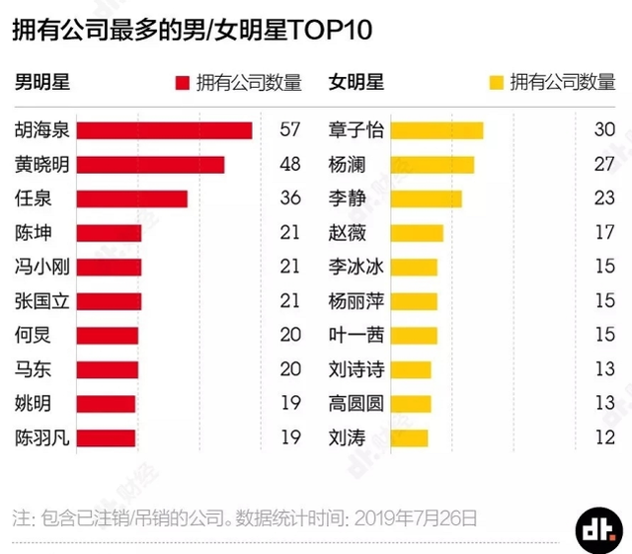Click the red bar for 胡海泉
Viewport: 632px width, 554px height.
click(164, 130)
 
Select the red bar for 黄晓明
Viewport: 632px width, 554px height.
click(150, 165)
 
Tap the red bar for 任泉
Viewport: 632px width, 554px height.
click(131, 198)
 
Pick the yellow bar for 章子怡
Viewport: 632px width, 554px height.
click(436, 130)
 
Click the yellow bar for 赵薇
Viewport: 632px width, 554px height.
click(417, 233)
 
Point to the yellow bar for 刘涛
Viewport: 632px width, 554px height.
click(410, 437)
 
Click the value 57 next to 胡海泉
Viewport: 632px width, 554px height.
click(289, 130)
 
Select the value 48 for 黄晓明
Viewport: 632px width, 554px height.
click(289, 165)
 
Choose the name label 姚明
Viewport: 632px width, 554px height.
click(33, 403)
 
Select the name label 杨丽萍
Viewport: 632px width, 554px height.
click(355, 301)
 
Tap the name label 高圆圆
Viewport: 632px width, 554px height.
click(355, 403)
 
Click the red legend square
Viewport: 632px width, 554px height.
click(182, 83)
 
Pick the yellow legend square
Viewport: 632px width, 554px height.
click(496, 83)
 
